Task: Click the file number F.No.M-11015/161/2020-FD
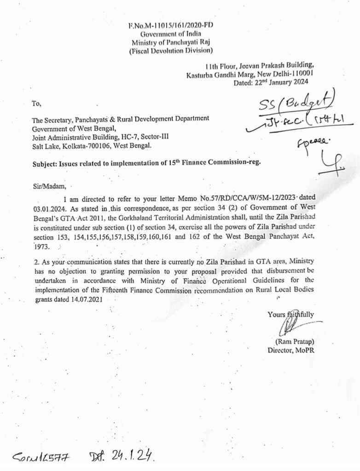tap(171, 26)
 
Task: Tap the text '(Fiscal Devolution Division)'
tap(171, 51)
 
